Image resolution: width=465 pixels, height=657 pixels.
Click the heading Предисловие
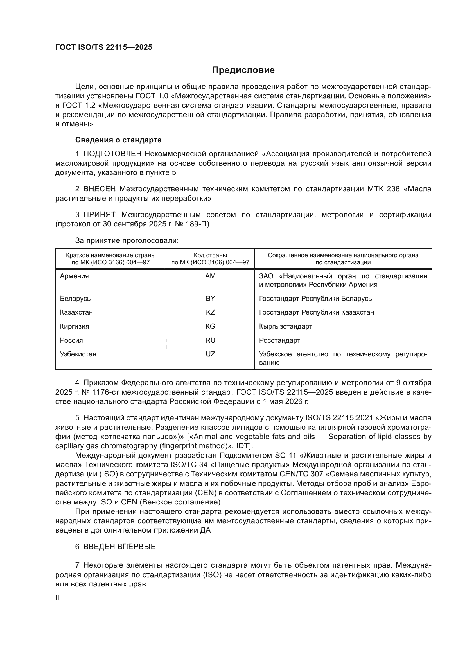243,70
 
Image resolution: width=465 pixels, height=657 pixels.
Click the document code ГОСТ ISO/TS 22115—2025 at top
104,47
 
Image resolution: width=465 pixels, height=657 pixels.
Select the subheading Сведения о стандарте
118,140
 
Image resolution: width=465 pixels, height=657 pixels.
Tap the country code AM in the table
210,276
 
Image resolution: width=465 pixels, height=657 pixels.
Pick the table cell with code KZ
210,312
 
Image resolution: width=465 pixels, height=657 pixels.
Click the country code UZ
210,354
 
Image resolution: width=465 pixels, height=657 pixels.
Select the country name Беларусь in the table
75,299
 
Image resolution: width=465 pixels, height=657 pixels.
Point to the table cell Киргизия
75,326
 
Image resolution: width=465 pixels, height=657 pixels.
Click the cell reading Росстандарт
279,340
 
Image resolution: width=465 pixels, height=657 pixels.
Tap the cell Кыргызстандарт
285,326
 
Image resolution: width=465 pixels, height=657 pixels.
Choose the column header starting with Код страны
210,259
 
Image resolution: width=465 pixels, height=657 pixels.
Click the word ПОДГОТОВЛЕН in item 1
112,154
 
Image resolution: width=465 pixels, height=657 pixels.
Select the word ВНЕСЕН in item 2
100,189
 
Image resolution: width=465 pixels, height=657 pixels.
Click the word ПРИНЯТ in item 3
100,215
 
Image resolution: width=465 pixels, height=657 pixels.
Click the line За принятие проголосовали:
127,241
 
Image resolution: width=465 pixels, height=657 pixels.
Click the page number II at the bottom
57,597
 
